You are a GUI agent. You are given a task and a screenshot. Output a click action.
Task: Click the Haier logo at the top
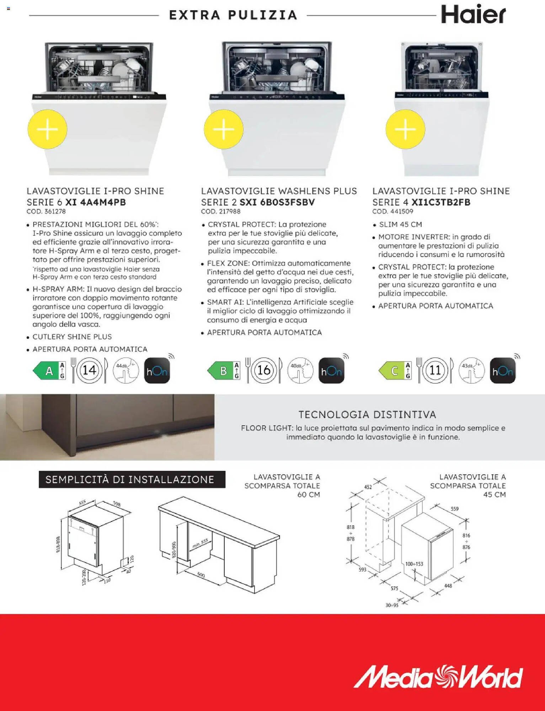(x=473, y=15)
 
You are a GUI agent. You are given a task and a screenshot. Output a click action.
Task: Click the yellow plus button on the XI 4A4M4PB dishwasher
(x=47, y=129)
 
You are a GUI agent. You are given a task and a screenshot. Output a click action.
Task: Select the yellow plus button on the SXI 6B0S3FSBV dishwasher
(x=224, y=129)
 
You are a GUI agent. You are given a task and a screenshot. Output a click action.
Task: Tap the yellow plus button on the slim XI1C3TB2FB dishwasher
(x=405, y=129)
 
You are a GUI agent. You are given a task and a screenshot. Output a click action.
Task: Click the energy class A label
(x=49, y=371)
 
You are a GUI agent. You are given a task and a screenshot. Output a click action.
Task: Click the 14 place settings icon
(x=89, y=370)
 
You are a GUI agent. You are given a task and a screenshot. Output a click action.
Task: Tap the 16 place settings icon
(x=264, y=370)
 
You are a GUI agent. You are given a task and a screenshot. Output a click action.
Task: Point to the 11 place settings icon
(x=435, y=370)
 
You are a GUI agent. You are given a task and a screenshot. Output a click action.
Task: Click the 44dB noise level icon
(x=125, y=370)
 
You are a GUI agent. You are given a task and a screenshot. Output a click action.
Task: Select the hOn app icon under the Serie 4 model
(x=503, y=371)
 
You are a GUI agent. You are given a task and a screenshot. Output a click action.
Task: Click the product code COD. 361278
(x=46, y=212)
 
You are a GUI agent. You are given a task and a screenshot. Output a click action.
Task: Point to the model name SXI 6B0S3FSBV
(x=277, y=202)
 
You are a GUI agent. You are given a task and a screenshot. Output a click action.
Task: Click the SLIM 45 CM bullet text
(x=400, y=225)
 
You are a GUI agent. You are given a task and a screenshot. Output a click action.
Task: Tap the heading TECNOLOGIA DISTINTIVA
(x=367, y=415)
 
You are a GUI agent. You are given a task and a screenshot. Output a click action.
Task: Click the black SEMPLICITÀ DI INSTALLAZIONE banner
(x=132, y=480)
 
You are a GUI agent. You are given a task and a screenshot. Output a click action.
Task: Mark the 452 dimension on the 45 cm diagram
(x=368, y=487)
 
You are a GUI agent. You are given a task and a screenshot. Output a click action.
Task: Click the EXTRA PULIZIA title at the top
(x=233, y=15)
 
